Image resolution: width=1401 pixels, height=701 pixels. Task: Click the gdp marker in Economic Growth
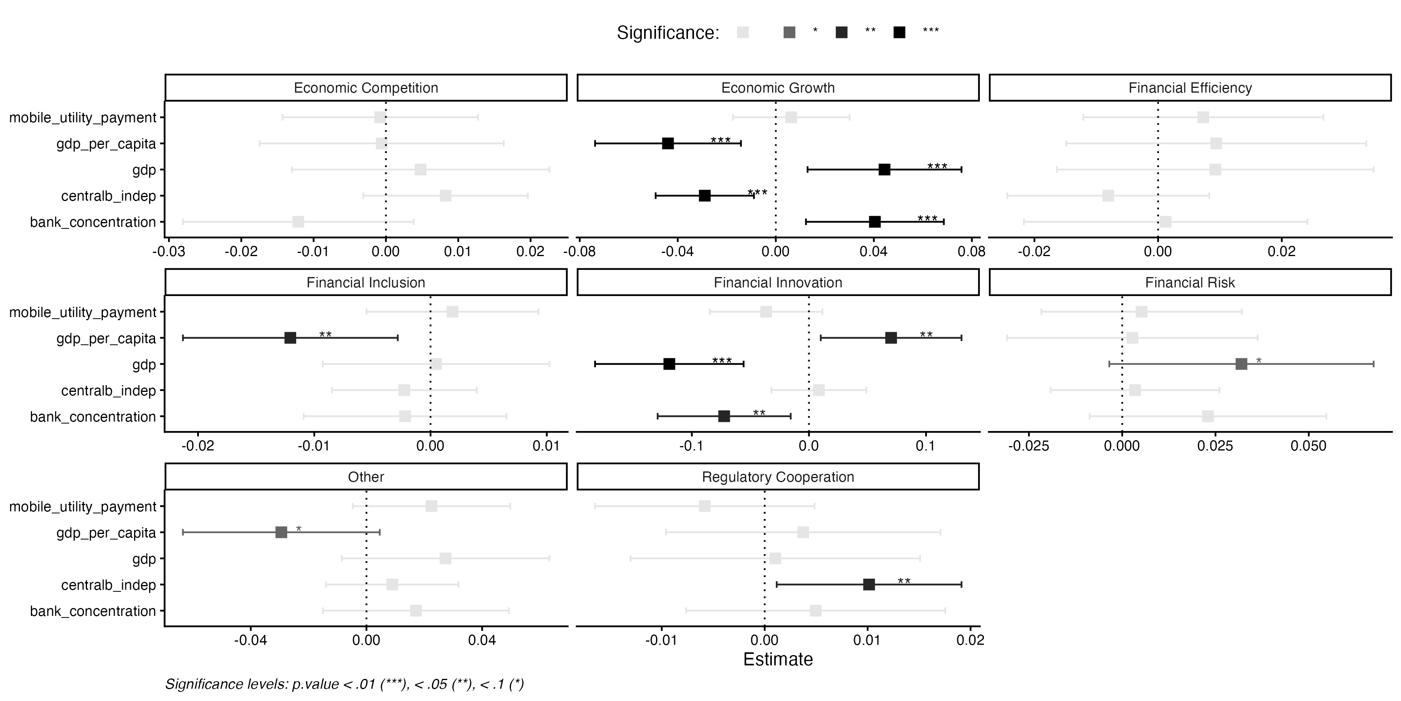click(x=884, y=170)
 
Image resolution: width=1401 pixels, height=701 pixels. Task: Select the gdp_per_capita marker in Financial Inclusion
click(x=290, y=338)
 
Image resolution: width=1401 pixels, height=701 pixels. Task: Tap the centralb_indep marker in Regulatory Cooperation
click(x=869, y=585)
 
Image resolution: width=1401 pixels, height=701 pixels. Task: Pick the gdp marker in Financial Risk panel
click(x=1241, y=364)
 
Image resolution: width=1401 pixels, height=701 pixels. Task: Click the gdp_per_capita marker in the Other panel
click(x=281, y=532)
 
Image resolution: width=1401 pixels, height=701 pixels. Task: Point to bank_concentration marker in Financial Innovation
click(x=724, y=416)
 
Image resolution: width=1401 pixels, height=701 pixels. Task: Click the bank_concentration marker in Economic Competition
click(x=298, y=222)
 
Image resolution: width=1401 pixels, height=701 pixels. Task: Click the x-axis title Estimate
click(x=778, y=659)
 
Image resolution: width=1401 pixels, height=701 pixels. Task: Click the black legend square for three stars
click(x=900, y=32)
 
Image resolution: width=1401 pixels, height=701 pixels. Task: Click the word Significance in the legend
click(x=667, y=32)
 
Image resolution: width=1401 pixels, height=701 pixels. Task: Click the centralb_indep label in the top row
click(x=109, y=196)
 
